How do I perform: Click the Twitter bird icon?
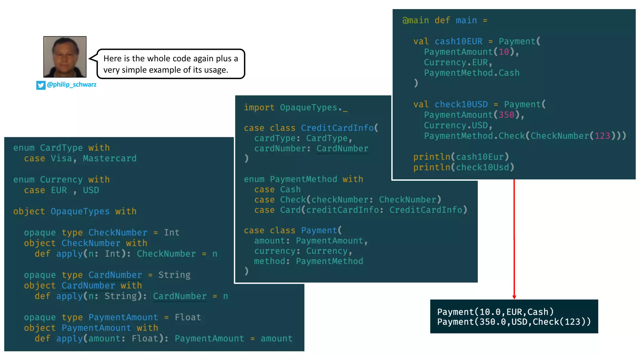[41, 85]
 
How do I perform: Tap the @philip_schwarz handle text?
[72, 85]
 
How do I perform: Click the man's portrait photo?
[65, 57]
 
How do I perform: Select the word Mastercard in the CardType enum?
[110, 158]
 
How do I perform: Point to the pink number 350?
[506, 115]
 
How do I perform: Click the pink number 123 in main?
[602, 136]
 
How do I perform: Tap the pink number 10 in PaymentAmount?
[504, 52]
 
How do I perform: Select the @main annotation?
[415, 21]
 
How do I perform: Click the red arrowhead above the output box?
[514, 297]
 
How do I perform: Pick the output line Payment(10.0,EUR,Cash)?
[495, 312]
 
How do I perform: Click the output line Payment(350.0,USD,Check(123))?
[514, 322]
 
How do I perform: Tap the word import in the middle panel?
[259, 107]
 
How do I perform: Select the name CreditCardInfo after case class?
[337, 128]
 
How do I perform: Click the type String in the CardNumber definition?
[174, 275]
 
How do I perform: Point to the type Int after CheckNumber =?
[172, 232]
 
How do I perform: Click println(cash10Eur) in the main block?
[461, 157]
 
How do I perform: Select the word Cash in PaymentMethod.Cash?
[509, 73]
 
